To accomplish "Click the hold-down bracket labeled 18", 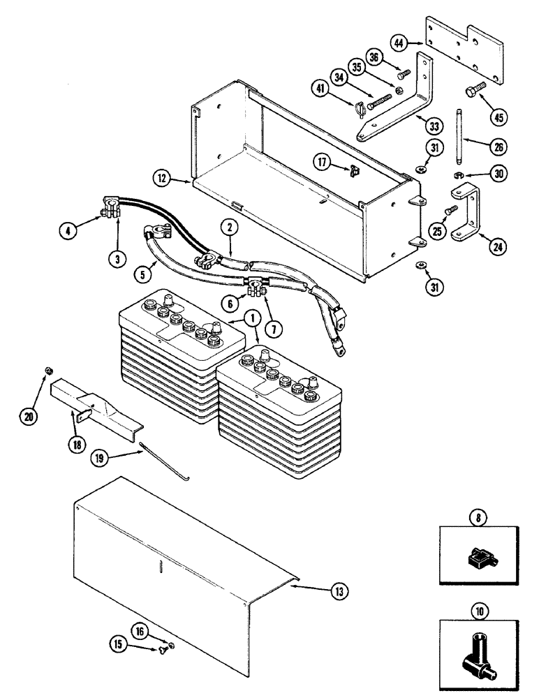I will click(94, 406).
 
